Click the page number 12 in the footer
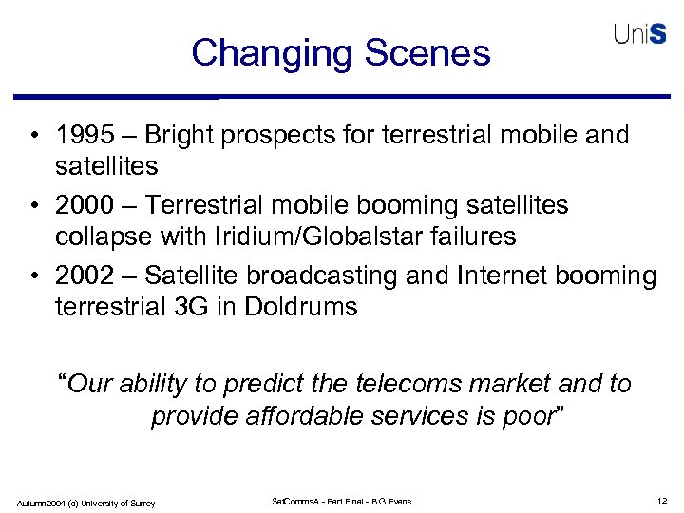pos(661,501)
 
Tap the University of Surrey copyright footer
pos(85,502)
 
